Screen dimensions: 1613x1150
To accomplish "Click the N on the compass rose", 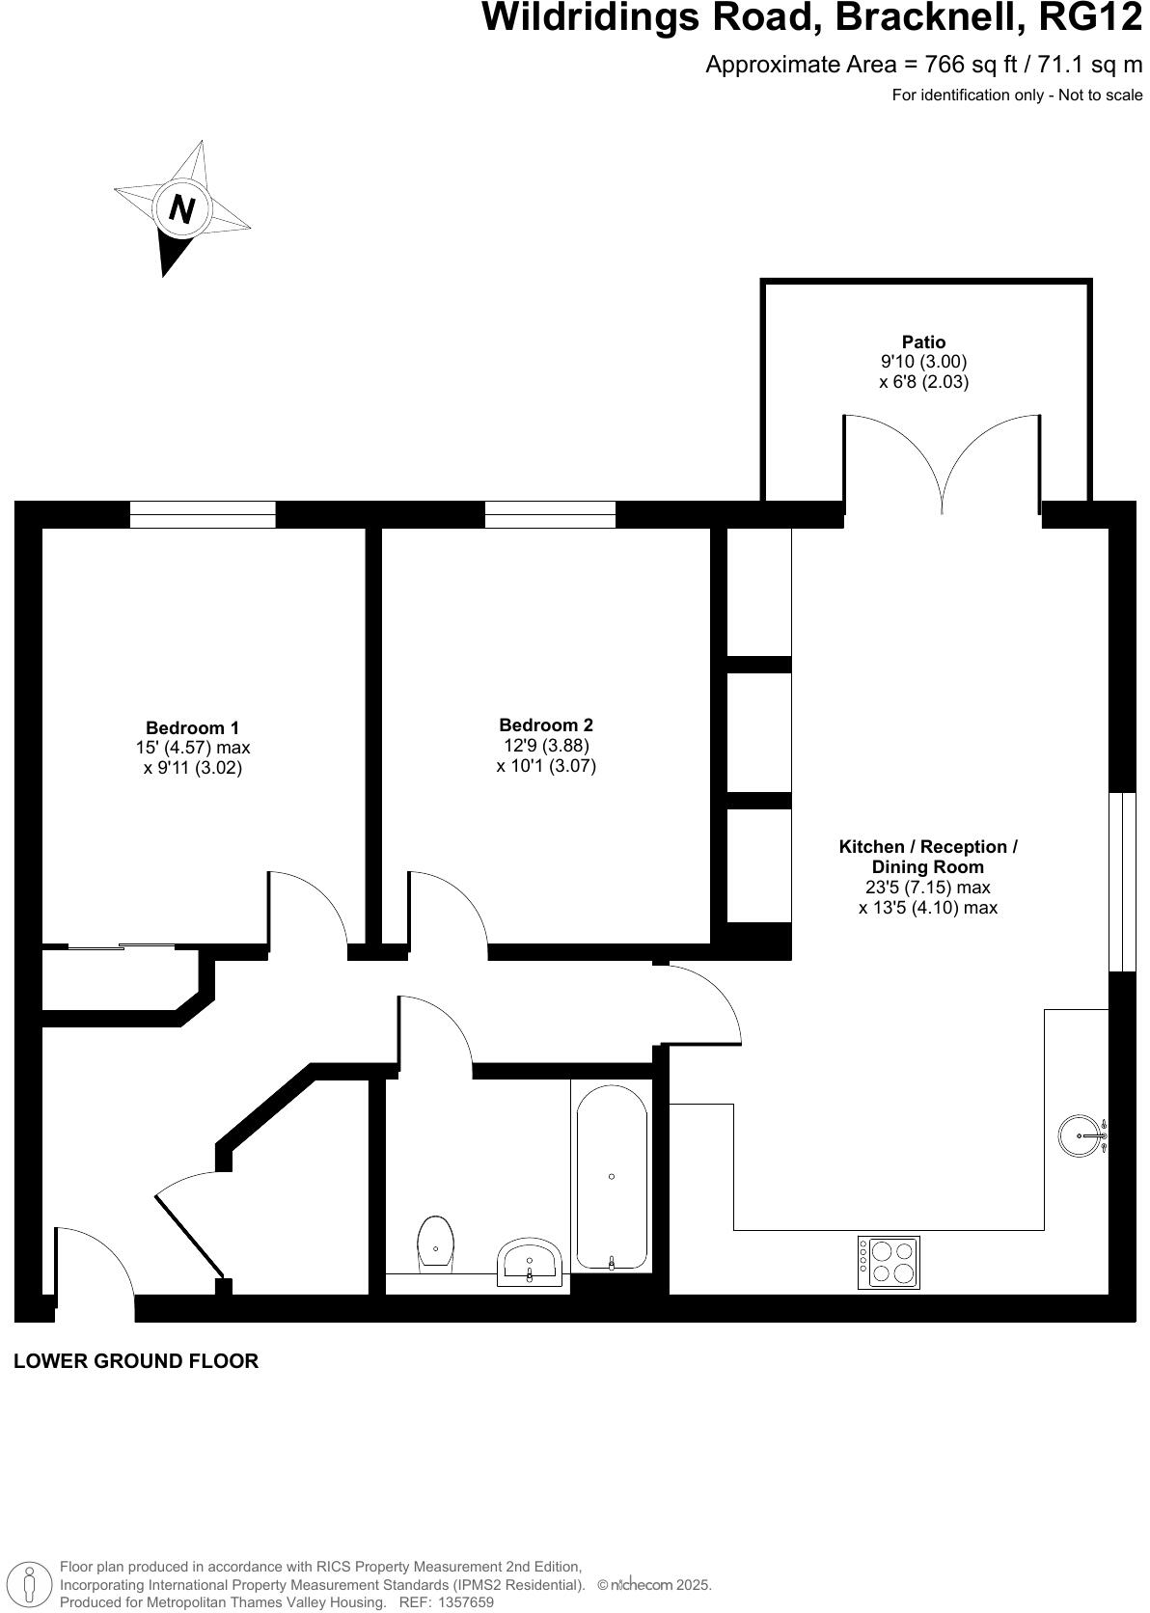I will (x=181, y=208).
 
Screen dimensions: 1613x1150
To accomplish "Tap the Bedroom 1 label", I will (x=192, y=727).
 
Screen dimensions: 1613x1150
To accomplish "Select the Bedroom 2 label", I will (x=546, y=724).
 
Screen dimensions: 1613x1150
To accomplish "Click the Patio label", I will (x=923, y=342).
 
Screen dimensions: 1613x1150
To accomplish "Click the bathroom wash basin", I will (x=529, y=1261).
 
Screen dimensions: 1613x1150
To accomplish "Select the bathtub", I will (x=612, y=1177).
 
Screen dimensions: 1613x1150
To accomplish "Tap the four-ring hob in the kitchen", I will (x=889, y=1262).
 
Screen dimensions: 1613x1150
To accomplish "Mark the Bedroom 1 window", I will (x=203, y=514).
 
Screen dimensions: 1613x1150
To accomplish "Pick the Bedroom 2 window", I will (x=550, y=514).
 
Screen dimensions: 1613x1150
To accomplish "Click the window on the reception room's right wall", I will (x=1122, y=882).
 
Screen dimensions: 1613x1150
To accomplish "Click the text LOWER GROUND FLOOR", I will (x=136, y=1361).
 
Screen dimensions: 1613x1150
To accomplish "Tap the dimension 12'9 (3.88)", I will (x=546, y=746).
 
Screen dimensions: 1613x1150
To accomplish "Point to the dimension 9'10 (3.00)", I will (x=923, y=362).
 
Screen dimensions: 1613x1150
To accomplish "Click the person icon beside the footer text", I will (x=30, y=1583).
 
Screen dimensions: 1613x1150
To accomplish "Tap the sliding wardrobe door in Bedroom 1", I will (x=121, y=947).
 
